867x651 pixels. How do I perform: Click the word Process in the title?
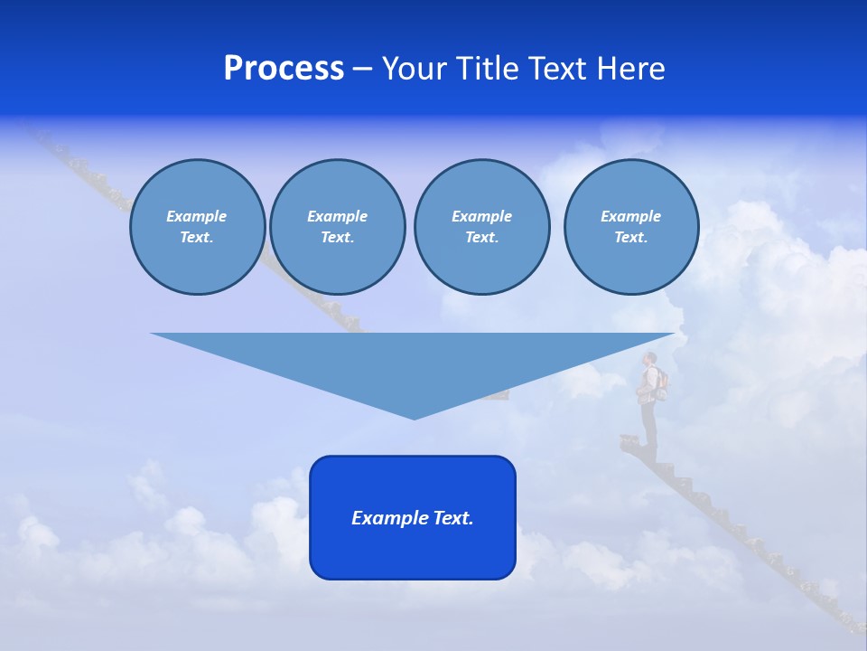pyautogui.click(x=284, y=69)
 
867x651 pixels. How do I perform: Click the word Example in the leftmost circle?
pyautogui.click(x=197, y=216)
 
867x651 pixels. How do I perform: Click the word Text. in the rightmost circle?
pyautogui.click(x=631, y=237)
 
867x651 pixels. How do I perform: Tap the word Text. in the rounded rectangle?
pyautogui.click(x=454, y=518)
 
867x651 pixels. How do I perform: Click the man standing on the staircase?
pyautogui.click(x=649, y=398)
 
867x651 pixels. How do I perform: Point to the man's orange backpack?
pyautogui.click(x=662, y=382)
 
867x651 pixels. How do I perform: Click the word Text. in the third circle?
pyautogui.click(x=481, y=237)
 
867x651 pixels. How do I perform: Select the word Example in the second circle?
pyautogui.click(x=338, y=216)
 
